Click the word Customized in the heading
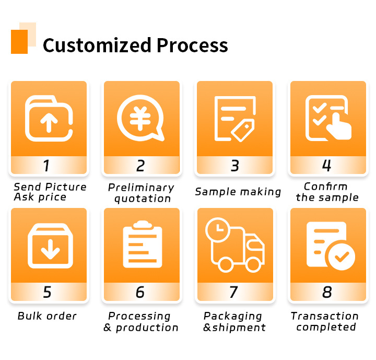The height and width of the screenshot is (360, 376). click(x=97, y=45)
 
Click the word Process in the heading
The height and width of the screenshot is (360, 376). click(x=192, y=45)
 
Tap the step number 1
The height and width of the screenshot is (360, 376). click(x=47, y=166)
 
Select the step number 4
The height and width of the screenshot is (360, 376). click(x=327, y=166)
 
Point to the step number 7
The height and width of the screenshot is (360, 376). click(x=233, y=292)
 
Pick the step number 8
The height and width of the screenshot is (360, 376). click(x=327, y=292)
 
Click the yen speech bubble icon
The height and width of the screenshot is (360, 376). click(x=140, y=118)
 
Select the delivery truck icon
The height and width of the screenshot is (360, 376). click(x=235, y=246)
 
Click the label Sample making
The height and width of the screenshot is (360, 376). click(x=238, y=192)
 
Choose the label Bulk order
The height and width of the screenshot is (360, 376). click(x=47, y=316)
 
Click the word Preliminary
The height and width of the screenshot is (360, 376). click(x=141, y=187)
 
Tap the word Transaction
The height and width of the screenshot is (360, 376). click(x=325, y=316)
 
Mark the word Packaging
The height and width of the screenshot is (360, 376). click(x=233, y=316)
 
